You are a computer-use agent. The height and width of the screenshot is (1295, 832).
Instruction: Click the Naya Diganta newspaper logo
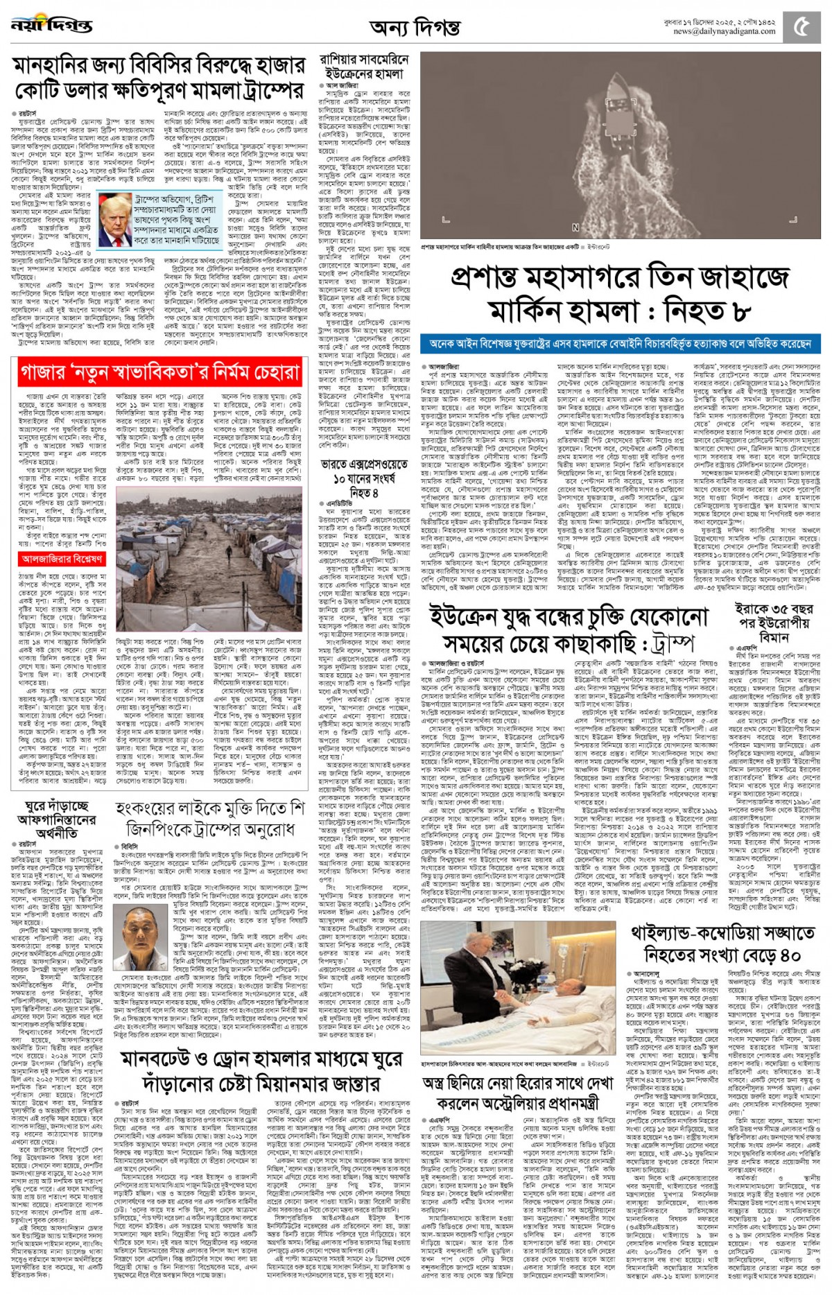pyautogui.click(x=51, y=26)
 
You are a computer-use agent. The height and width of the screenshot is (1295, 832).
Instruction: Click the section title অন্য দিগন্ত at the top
pyautogui.click(x=415, y=28)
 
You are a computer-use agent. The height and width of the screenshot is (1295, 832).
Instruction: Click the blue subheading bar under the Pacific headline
pyautogui.click(x=620, y=344)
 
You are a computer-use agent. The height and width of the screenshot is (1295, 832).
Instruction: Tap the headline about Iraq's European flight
pyautogui.click(x=774, y=623)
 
